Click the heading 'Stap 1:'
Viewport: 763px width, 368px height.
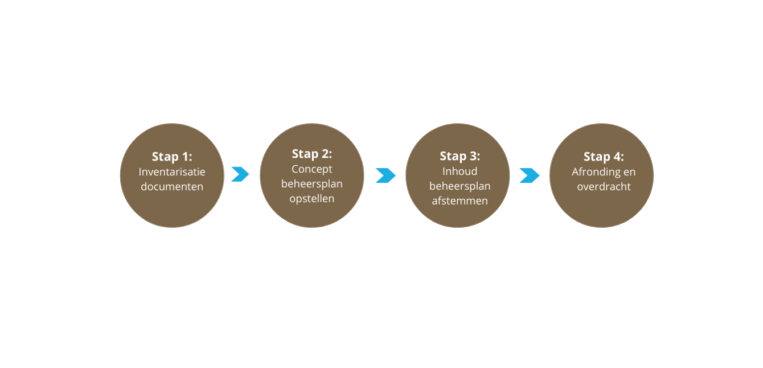coord(172,156)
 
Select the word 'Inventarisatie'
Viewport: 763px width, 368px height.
coord(172,172)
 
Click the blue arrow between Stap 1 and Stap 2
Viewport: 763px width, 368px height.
coord(239,175)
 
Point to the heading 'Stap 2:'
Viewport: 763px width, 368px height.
coord(312,153)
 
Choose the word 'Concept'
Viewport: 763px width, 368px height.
coord(312,169)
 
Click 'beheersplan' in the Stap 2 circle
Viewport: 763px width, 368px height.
coord(312,184)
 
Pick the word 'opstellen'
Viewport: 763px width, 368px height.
coord(312,199)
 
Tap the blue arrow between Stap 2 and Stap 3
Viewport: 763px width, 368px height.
coord(385,175)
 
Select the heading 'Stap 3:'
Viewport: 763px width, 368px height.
coord(459,156)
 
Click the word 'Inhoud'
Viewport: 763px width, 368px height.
coord(459,171)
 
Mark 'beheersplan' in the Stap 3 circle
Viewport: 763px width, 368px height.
coord(459,186)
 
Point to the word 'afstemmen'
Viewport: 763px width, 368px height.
coord(459,201)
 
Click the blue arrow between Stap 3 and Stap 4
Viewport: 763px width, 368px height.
coord(530,175)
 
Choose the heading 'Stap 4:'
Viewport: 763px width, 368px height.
coord(603,156)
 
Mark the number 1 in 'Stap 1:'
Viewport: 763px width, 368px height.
coord(186,156)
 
